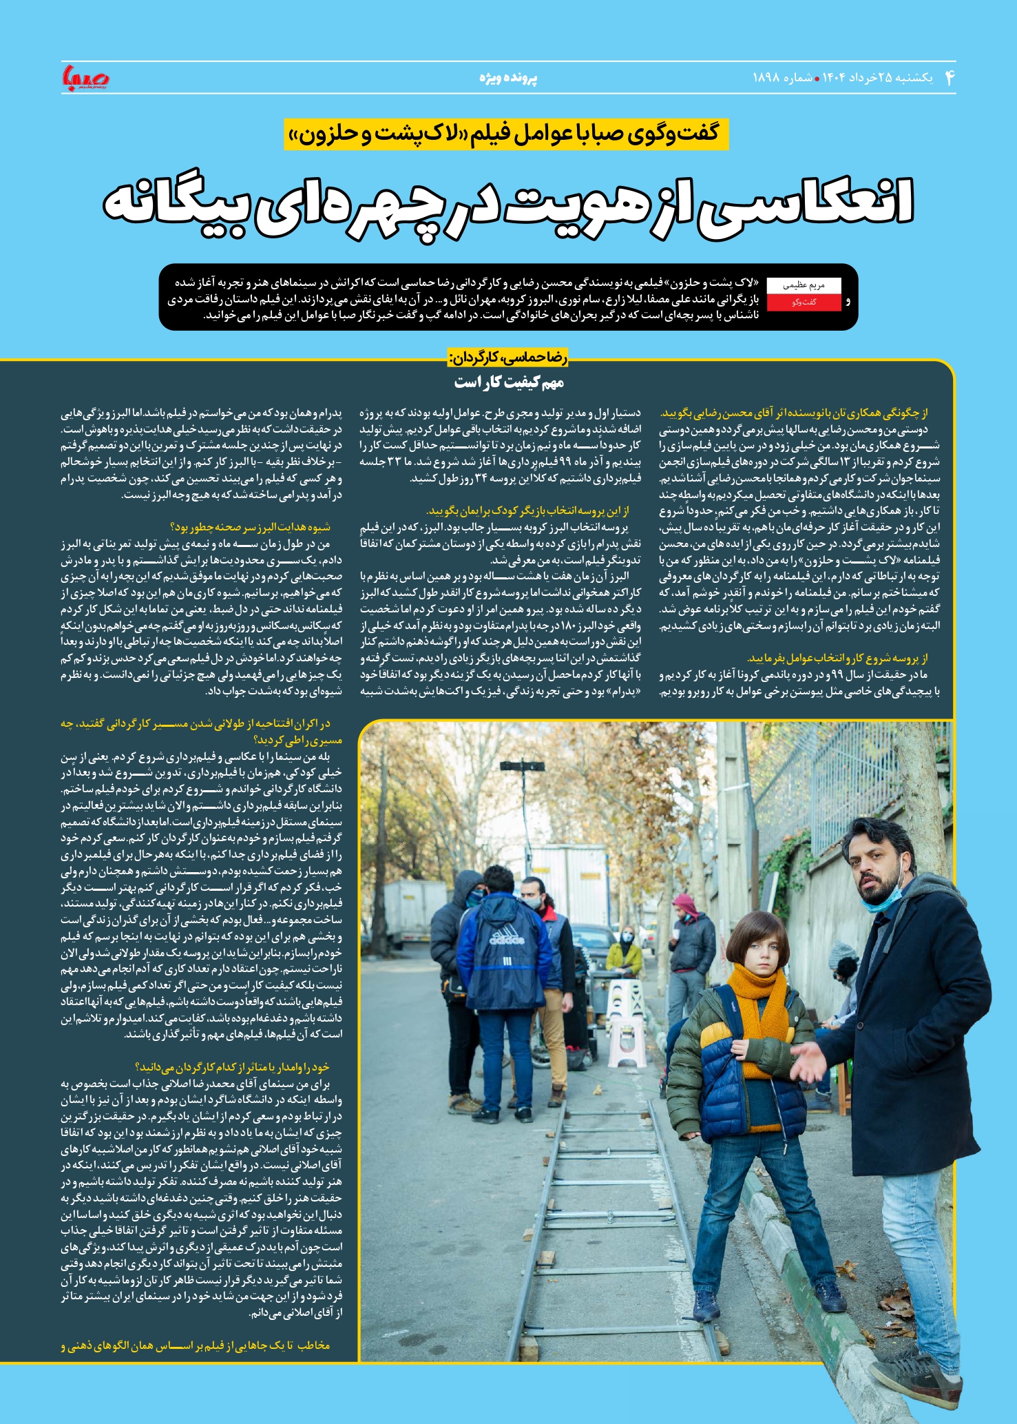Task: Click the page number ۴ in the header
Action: tap(950, 77)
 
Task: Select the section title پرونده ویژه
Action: tap(508, 78)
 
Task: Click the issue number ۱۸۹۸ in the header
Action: tap(767, 78)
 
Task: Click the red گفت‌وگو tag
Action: tap(804, 302)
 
